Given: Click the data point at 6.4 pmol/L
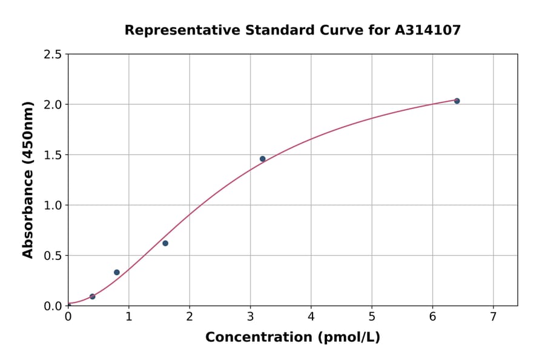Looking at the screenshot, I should (457, 101).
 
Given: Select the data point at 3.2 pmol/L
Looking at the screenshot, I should (262, 159).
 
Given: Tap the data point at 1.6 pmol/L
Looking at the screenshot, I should (165, 243).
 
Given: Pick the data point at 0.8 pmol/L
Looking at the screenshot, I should (117, 272).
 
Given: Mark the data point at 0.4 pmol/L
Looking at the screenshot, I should (93, 296).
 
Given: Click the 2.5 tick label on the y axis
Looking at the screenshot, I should (53, 55).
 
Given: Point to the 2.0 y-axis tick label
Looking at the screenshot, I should (53, 105).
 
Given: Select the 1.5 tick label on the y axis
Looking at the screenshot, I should (53, 155).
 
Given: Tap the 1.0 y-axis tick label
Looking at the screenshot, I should (53, 205).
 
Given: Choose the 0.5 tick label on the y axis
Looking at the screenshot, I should (53, 256).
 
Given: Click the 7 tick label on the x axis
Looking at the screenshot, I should (493, 316).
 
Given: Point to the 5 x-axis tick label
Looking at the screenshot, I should (372, 316).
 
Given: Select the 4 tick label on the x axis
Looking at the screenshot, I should (311, 316).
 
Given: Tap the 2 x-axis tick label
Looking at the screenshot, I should (190, 316).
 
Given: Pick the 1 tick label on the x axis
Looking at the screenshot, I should (129, 316).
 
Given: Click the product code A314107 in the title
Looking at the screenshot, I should (429, 30).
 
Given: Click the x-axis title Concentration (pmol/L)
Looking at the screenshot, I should (292, 338).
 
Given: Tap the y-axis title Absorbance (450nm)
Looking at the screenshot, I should (28, 179).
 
